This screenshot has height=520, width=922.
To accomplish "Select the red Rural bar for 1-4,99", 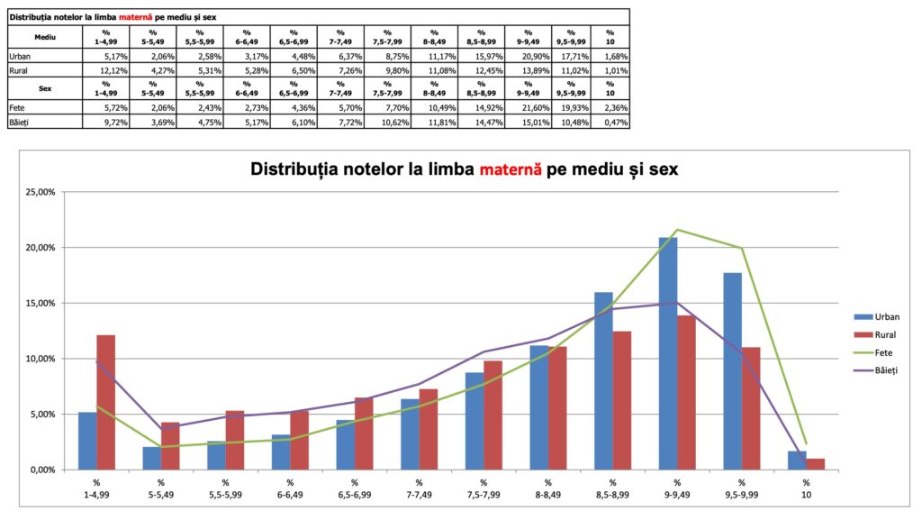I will pos(106,402).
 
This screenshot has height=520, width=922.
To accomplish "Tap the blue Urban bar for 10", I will pos(797,461).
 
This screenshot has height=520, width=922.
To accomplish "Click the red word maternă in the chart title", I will pos(511,169).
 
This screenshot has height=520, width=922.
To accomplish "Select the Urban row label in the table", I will pos(21,56).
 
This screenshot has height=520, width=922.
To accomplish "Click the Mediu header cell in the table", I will pos(44,37).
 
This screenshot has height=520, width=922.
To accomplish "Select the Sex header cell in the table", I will pos(44,89).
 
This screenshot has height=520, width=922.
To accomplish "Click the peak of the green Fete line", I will pos(677,230).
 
